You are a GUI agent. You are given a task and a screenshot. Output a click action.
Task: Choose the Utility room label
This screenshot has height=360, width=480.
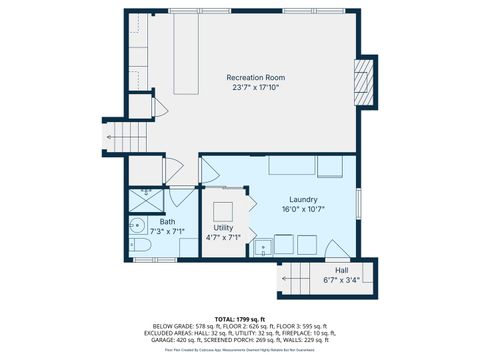[223, 227]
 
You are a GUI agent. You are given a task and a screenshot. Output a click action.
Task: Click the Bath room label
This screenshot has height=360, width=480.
[153, 221]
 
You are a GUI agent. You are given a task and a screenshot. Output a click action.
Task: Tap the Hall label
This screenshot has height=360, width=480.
[342, 270]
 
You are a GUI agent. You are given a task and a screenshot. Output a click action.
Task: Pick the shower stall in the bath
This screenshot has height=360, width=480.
[146, 197]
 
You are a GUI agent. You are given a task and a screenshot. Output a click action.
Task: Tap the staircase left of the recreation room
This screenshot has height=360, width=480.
[127, 133]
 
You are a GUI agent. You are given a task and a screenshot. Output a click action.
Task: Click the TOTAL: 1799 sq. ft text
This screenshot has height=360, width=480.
[240, 317]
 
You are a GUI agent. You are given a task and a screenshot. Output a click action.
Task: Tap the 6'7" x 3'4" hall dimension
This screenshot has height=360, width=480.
[342, 281]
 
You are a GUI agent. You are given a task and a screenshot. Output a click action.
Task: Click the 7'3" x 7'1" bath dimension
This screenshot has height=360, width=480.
[153, 232]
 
